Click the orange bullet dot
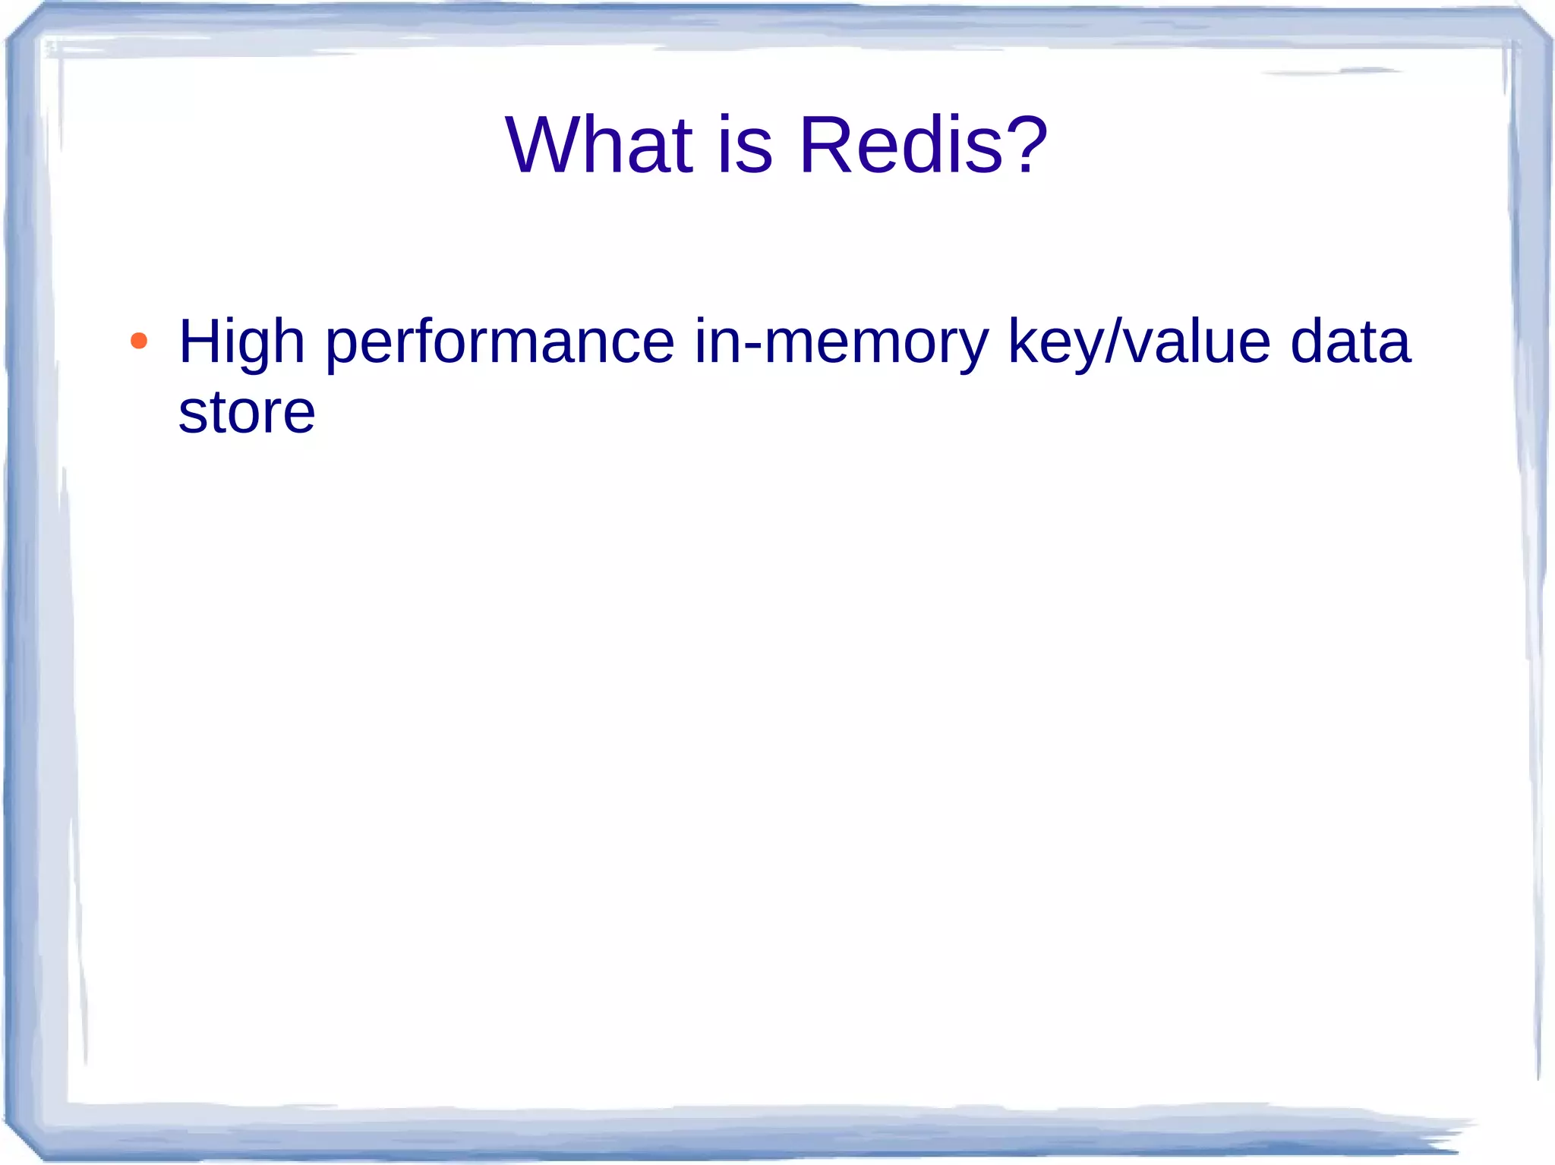139,341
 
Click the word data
1350,342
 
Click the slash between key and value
1113,342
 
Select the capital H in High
199,342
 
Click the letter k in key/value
1022,342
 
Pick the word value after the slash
1197,342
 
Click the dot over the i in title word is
725,118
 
